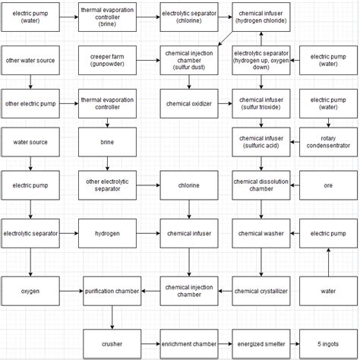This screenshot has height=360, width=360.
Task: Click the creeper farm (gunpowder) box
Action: (107, 60)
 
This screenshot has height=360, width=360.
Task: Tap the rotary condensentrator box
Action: (327, 142)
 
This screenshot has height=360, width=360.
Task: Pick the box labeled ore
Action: (327, 185)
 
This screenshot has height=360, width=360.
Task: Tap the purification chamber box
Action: (112, 291)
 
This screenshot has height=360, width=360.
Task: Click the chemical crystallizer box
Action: (261, 291)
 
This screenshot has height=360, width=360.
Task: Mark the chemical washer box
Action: (261, 233)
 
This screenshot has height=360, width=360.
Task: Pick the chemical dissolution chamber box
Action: (261, 185)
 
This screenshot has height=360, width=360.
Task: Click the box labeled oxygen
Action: (30, 291)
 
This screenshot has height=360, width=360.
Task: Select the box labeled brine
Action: (107, 142)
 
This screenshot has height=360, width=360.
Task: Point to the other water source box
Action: (30, 60)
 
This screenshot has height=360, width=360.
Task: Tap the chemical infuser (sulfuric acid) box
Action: (261, 142)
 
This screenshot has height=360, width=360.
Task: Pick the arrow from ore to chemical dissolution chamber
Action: (295, 185)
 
